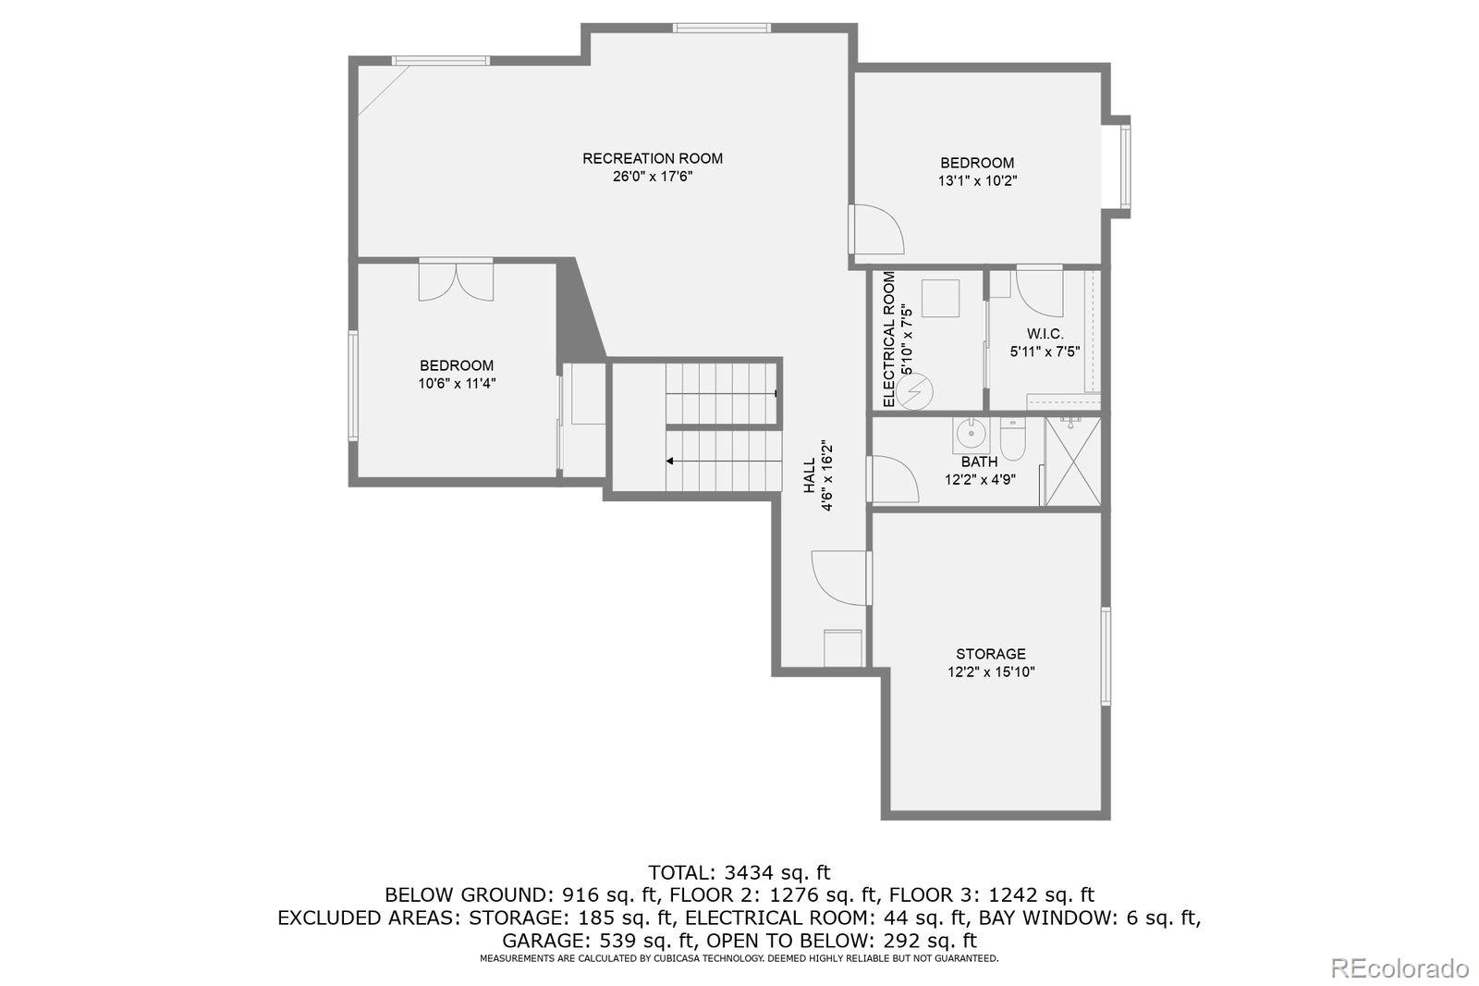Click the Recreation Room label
[653, 158]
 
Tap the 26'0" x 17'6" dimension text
[653, 177]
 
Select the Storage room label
[990, 654]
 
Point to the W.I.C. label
[1045, 334]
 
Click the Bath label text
[979, 462]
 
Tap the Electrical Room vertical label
[888, 339]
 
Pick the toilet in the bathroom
[1011, 438]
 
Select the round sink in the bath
[971, 435]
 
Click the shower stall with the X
[1073, 462]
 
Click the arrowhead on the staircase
[669, 462]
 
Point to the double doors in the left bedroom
[456, 281]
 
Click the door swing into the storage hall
[839, 577]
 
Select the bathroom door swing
[893, 478]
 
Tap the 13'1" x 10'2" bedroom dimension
[977, 180]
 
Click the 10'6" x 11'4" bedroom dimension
[457, 383]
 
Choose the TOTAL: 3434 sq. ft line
[739, 873]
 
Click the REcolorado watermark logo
[1399, 968]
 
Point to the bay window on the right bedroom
[1120, 166]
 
